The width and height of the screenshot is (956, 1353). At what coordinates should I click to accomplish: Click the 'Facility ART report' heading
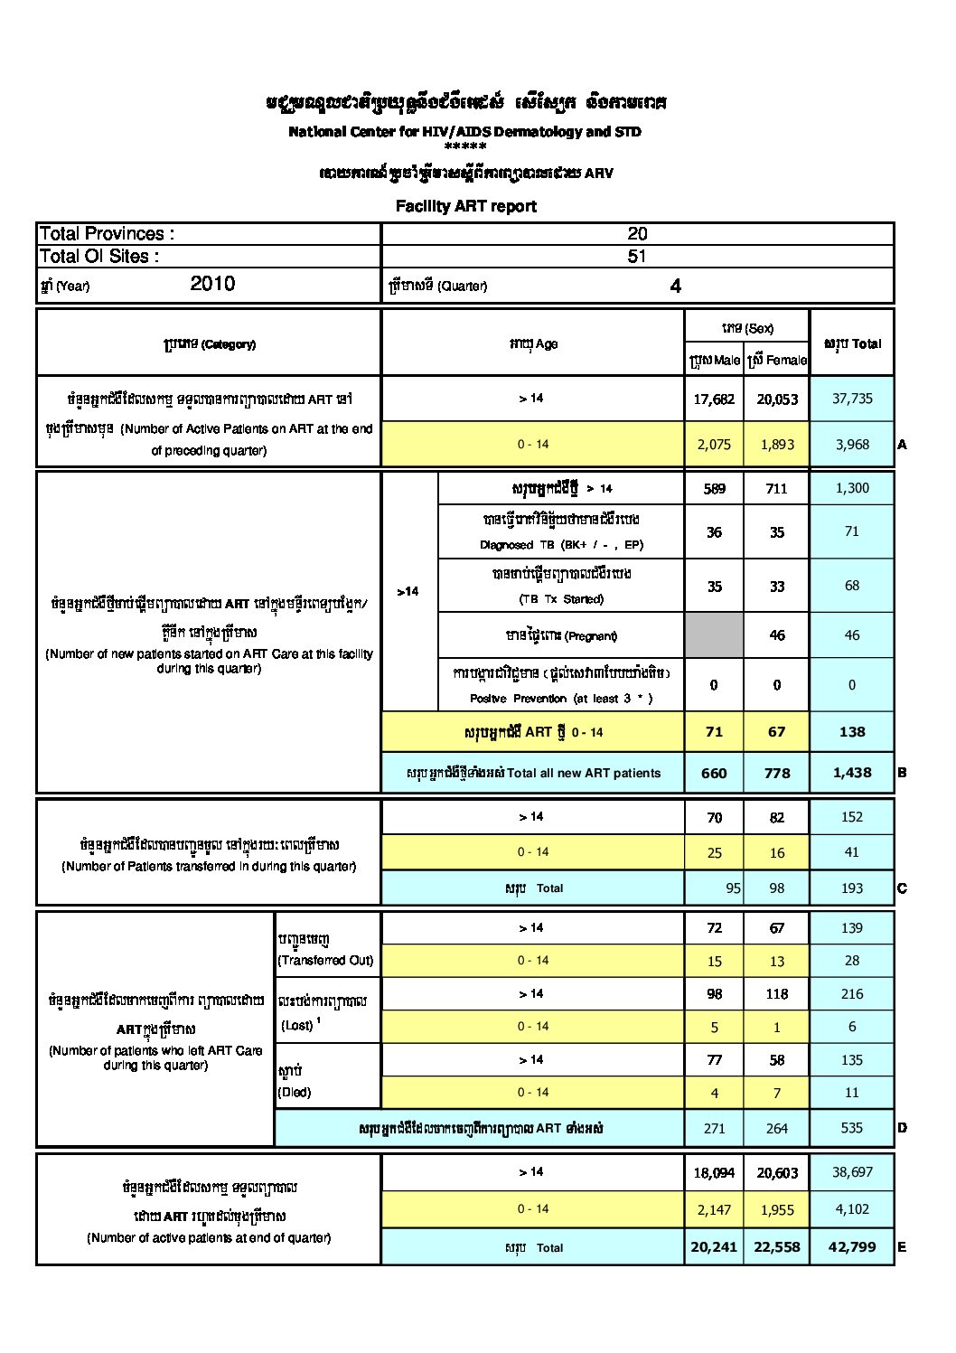[465, 206]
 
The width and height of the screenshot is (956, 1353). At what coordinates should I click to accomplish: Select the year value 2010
[212, 284]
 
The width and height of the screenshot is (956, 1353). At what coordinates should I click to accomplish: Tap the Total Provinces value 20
[637, 233]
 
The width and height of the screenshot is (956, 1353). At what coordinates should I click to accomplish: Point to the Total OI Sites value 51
[637, 256]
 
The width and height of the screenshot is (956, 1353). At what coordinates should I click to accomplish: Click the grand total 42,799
[852, 1246]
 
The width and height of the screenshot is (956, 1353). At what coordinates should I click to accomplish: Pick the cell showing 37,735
[852, 399]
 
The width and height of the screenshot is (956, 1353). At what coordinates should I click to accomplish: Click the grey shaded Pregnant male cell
[714, 635]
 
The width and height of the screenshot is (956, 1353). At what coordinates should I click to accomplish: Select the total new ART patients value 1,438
[852, 773]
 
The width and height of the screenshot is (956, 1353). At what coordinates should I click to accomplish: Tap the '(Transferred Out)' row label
[325, 960]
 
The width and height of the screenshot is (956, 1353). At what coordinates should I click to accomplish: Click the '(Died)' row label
[295, 1092]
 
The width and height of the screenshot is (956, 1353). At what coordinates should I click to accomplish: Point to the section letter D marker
[902, 1128]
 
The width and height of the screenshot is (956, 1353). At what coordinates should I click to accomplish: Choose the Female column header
[777, 360]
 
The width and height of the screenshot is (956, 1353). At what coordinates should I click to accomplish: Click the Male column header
[714, 360]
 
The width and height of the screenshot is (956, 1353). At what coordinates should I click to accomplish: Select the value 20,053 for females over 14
[777, 399]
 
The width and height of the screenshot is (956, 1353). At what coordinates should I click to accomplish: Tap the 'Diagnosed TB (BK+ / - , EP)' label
[561, 545]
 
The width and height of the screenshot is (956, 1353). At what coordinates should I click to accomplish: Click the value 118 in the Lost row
[777, 994]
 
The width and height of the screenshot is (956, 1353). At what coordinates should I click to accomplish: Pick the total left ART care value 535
[852, 1128]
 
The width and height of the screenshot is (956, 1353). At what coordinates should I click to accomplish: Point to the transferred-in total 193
[852, 888]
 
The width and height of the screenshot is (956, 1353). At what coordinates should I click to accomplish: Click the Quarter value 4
[675, 287]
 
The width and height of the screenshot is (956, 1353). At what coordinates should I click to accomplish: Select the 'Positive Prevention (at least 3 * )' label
[561, 699]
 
